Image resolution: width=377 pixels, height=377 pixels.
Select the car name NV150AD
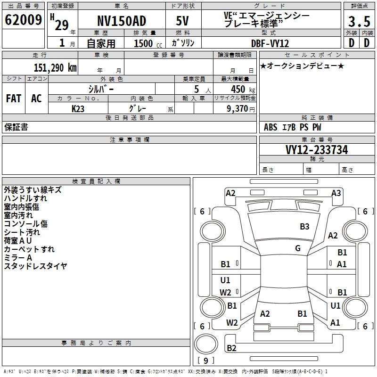[121, 21]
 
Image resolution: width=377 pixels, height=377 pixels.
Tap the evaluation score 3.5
[359, 22]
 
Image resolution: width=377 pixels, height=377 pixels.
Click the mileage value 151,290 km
[55, 67]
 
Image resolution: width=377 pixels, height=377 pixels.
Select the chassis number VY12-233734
[317, 150]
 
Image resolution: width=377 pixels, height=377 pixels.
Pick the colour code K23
[78, 108]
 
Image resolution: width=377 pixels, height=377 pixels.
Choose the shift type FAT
[14, 98]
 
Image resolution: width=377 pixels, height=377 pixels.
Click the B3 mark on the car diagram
[304, 227]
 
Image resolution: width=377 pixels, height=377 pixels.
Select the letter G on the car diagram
[298, 248]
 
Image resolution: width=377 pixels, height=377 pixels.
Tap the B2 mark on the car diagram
[231, 348]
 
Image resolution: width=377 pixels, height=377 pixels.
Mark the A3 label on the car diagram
[336, 193]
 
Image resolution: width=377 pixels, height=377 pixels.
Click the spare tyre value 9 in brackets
[205, 361]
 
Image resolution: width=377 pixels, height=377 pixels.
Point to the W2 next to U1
[225, 292]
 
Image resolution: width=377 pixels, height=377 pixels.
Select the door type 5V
[182, 21]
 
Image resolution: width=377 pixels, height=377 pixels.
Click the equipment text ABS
[270, 127]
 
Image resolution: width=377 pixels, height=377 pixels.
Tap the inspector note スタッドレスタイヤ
[36, 266]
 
